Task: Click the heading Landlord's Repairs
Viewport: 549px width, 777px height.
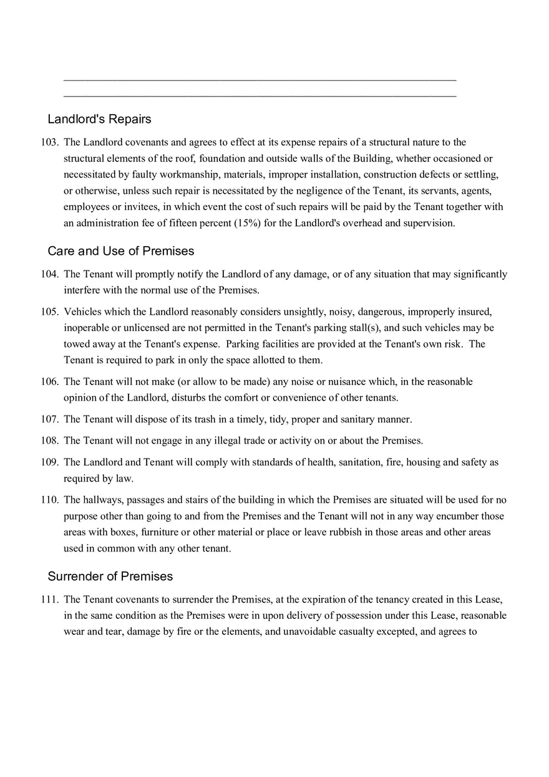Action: click(x=99, y=119)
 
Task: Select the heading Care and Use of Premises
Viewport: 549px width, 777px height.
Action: click(x=120, y=251)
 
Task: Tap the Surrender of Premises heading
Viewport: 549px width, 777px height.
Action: click(x=110, y=576)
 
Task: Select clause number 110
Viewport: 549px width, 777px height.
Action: click(x=50, y=500)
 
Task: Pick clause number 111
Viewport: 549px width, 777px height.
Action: click(x=50, y=599)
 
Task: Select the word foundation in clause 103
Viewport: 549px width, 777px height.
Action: click(x=222, y=158)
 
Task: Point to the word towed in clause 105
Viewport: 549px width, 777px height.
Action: click(x=76, y=344)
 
